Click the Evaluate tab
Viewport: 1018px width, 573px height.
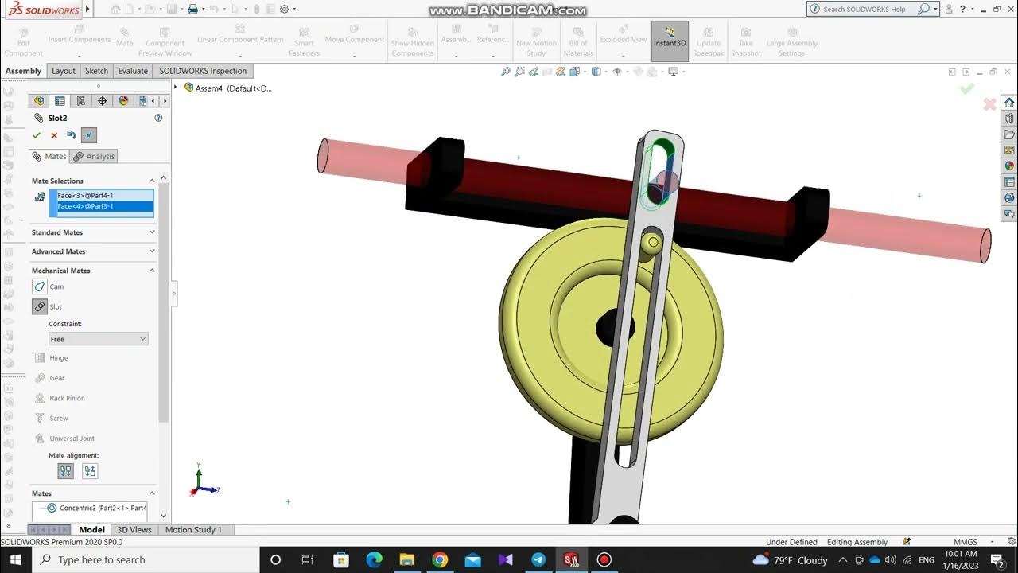[x=133, y=71]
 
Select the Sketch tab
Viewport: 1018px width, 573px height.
[x=96, y=71]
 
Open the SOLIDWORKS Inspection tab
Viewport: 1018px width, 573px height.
[x=203, y=71]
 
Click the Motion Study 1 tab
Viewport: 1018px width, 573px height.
[x=193, y=529]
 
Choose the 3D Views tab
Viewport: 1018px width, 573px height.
[x=134, y=529]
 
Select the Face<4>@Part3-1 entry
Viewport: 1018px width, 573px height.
[x=85, y=206]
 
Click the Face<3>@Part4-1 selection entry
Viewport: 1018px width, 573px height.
[x=85, y=195]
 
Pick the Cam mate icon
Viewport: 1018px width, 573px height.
[x=40, y=286]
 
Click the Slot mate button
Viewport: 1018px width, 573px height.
[x=40, y=306]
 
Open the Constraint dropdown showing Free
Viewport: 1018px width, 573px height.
[x=99, y=339]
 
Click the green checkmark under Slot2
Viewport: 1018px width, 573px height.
[x=37, y=135]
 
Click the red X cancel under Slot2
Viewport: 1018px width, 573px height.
[x=54, y=135]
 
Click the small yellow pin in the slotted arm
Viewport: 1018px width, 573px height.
[x=653, y=242]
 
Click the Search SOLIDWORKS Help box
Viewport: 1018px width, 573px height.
[x=870, y=9]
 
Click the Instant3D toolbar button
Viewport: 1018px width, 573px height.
[x=670, y=40]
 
